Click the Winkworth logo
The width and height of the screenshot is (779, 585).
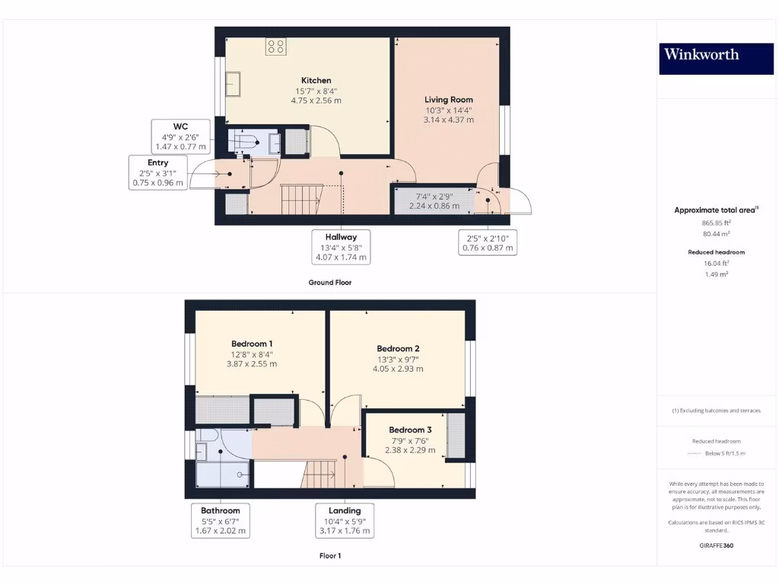tap(701, 54)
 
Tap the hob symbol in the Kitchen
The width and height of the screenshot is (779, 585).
tap(275, 46)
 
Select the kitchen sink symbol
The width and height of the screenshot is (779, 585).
tap(233, 85)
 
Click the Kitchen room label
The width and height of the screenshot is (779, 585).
tap(316, 80)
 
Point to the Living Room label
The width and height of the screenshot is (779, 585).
tap(449, 99)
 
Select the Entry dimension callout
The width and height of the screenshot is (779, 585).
tap(158, 173)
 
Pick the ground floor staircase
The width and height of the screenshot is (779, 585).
tap(300, 200)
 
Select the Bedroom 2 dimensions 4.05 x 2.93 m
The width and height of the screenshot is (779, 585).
tap(398, 369)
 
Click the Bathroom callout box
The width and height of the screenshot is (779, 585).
tap(221, 520)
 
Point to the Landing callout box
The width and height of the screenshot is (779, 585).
tap(345, 520)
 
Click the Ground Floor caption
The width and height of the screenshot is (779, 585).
tap(329, 282)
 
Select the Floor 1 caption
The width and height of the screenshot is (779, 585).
tap(330, 555)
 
